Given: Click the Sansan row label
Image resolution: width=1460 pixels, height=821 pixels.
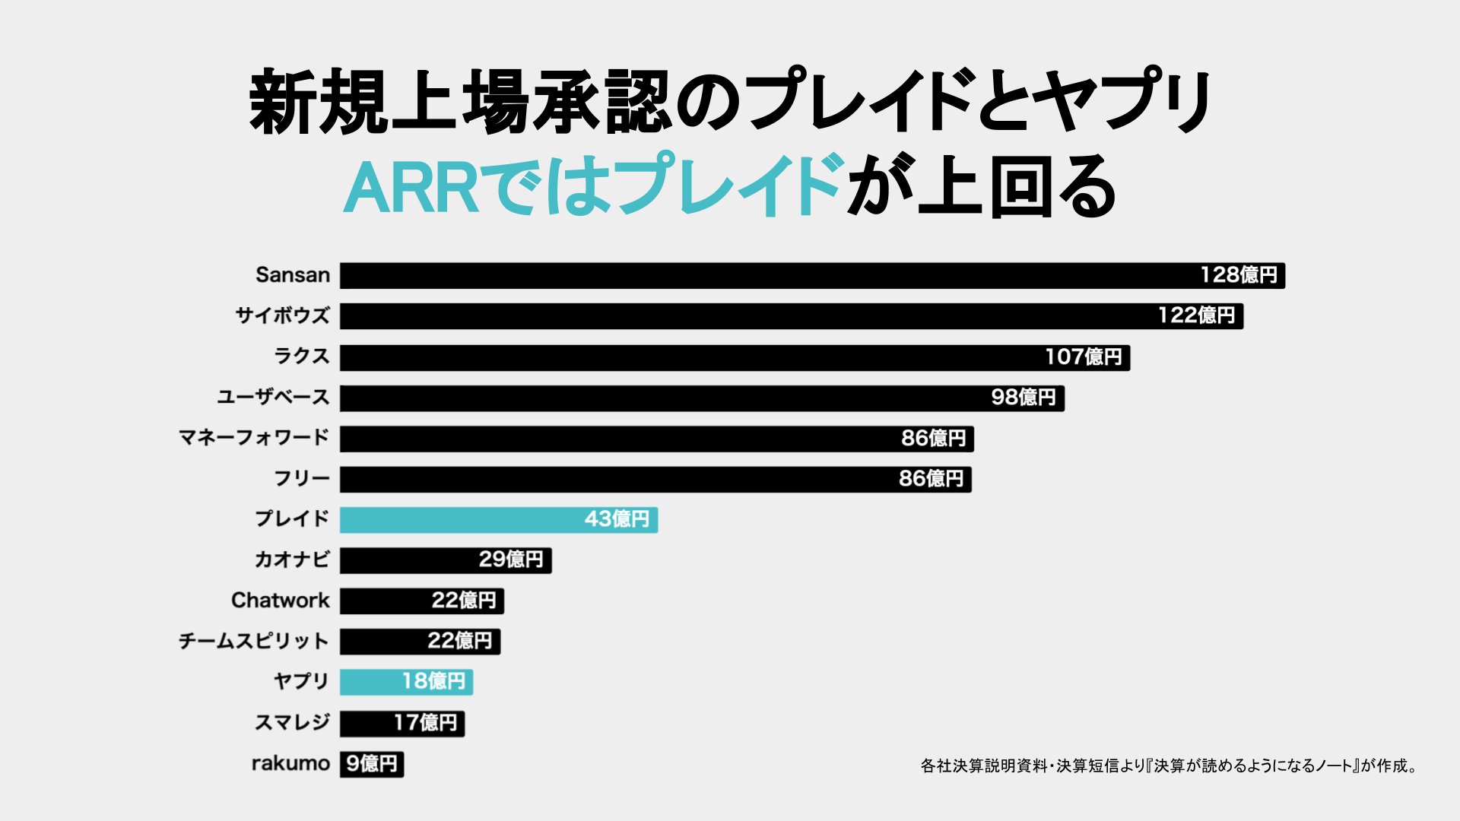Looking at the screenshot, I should click(293, 275).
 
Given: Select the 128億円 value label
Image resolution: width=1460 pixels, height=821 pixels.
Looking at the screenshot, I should click(1238, 275).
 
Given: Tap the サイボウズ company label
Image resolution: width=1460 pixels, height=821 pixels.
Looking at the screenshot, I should click(282, 315).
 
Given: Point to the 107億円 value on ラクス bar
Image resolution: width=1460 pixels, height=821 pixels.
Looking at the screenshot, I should click(1083, 357).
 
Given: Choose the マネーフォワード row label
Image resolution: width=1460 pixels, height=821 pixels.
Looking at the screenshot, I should click(253, 438).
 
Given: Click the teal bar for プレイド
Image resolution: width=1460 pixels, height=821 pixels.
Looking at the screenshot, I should click(456, 520).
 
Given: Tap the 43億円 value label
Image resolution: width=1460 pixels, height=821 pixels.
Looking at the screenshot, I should click(617, 519).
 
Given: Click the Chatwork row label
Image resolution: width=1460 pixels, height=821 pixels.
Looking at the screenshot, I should click(280, 601).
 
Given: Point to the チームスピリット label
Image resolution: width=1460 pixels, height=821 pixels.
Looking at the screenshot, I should click(253, 642).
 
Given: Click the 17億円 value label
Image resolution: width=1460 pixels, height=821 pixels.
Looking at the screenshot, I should click(425, 722).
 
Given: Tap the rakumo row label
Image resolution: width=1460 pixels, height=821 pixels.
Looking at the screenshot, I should click(290, 763).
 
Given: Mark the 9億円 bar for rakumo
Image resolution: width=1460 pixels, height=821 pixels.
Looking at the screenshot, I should click(371, 764).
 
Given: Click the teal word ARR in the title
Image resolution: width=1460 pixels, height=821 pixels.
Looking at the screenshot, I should click(411, 186).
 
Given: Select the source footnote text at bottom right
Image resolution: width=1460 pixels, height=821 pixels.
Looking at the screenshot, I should click(1169, 766).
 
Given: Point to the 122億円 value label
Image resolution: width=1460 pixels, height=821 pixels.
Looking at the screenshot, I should click(1196, 315).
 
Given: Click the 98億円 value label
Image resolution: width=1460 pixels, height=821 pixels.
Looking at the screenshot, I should click(1024, 398).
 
